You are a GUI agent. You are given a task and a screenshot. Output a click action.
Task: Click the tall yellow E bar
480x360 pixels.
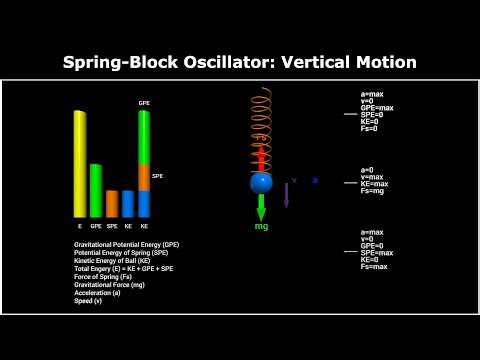coord(79,163)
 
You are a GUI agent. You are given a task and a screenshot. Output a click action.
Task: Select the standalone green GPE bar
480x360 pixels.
coord(96,190)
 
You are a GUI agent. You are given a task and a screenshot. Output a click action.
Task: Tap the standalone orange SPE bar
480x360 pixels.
coord(112,203)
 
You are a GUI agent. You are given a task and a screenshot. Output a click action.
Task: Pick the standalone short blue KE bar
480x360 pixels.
coord(127,203)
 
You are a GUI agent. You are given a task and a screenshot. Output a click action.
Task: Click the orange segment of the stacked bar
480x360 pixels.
coord(144,177)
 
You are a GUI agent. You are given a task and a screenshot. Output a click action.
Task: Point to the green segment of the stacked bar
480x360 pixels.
coord(144,136)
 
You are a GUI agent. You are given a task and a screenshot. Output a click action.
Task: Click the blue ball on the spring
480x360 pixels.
coord(261,183)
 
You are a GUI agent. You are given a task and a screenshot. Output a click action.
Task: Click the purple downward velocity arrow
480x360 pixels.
coord(286,195)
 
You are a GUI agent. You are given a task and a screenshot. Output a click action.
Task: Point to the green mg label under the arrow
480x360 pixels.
coord(261,227)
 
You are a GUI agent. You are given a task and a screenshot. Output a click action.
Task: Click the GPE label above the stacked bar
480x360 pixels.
coord(144,103)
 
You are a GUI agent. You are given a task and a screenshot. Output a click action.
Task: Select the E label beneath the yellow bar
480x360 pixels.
coord(79,226)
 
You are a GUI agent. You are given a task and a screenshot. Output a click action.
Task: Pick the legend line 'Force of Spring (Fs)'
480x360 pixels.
coord(103,276)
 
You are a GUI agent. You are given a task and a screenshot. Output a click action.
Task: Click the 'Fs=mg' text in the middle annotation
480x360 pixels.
coord(371,191)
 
